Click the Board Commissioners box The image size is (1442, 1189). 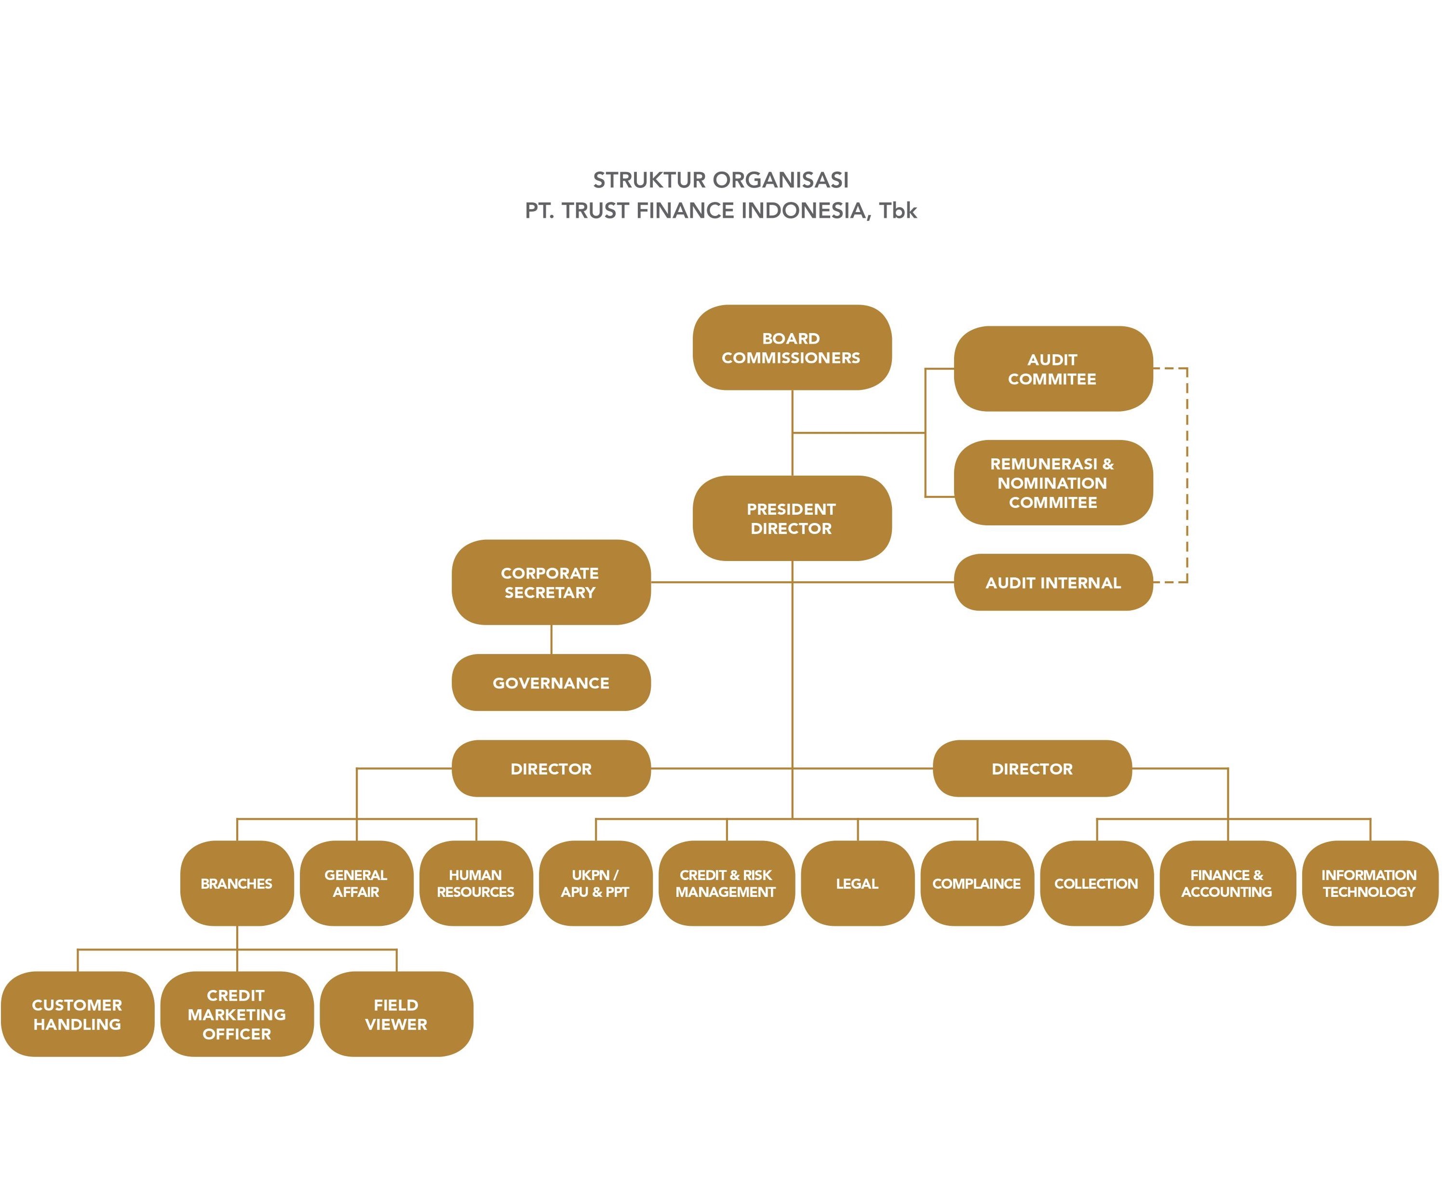pos(792,347)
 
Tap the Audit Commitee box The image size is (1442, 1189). pos(1053,369)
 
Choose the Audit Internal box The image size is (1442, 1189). pos(1053,582)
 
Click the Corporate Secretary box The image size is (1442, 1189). pos(551,582)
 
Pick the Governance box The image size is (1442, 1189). pos(551,682)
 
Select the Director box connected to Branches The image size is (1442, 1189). pos(551,768)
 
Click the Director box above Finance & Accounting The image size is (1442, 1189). pos(1032,768)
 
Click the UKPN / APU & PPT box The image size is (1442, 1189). pos(595,883)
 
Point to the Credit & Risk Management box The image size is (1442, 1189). pos(726,883)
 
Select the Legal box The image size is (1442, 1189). pos(858,883)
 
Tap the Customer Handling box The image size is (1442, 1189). pos(78,1014)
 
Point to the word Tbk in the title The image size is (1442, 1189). pos(898,210)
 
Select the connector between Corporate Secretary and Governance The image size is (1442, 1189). pos(552,640)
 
